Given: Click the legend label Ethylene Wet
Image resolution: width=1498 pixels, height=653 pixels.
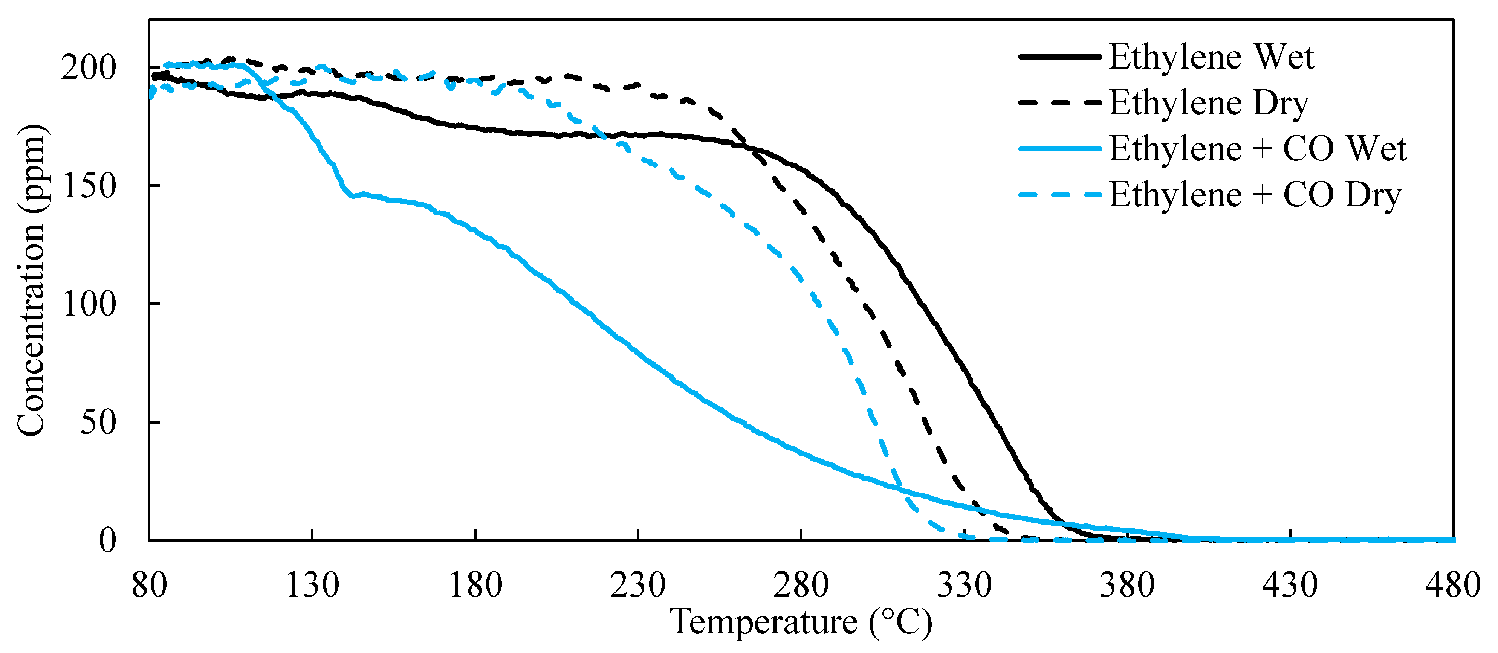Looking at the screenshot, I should click(1211, 57).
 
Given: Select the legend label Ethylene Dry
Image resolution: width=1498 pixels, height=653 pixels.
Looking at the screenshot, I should click(1208, 103).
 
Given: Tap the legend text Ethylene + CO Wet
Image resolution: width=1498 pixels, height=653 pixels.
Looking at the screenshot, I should click(1257, 149).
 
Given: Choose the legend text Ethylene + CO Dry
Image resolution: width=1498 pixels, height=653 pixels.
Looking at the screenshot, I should click(1255, 195).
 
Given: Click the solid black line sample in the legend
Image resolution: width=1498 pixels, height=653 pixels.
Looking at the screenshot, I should click(1059, 57).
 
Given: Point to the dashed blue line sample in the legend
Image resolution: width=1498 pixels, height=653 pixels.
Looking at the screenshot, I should click(1059, 195).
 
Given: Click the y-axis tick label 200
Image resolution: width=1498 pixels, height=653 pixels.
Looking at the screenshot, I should click(89, 68).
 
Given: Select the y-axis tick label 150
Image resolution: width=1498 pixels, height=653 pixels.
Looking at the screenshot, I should click(89, 186).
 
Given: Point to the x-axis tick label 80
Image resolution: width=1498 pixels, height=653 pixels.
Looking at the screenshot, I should click(149, 585).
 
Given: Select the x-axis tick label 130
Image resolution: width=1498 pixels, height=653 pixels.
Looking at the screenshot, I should click(312, 585).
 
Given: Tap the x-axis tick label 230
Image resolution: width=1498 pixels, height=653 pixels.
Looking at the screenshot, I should click(638, 585).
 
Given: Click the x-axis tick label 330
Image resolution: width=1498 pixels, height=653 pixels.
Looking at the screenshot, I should click(964, 585).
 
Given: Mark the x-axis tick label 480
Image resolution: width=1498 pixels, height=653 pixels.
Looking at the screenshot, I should click(1453, 585).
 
